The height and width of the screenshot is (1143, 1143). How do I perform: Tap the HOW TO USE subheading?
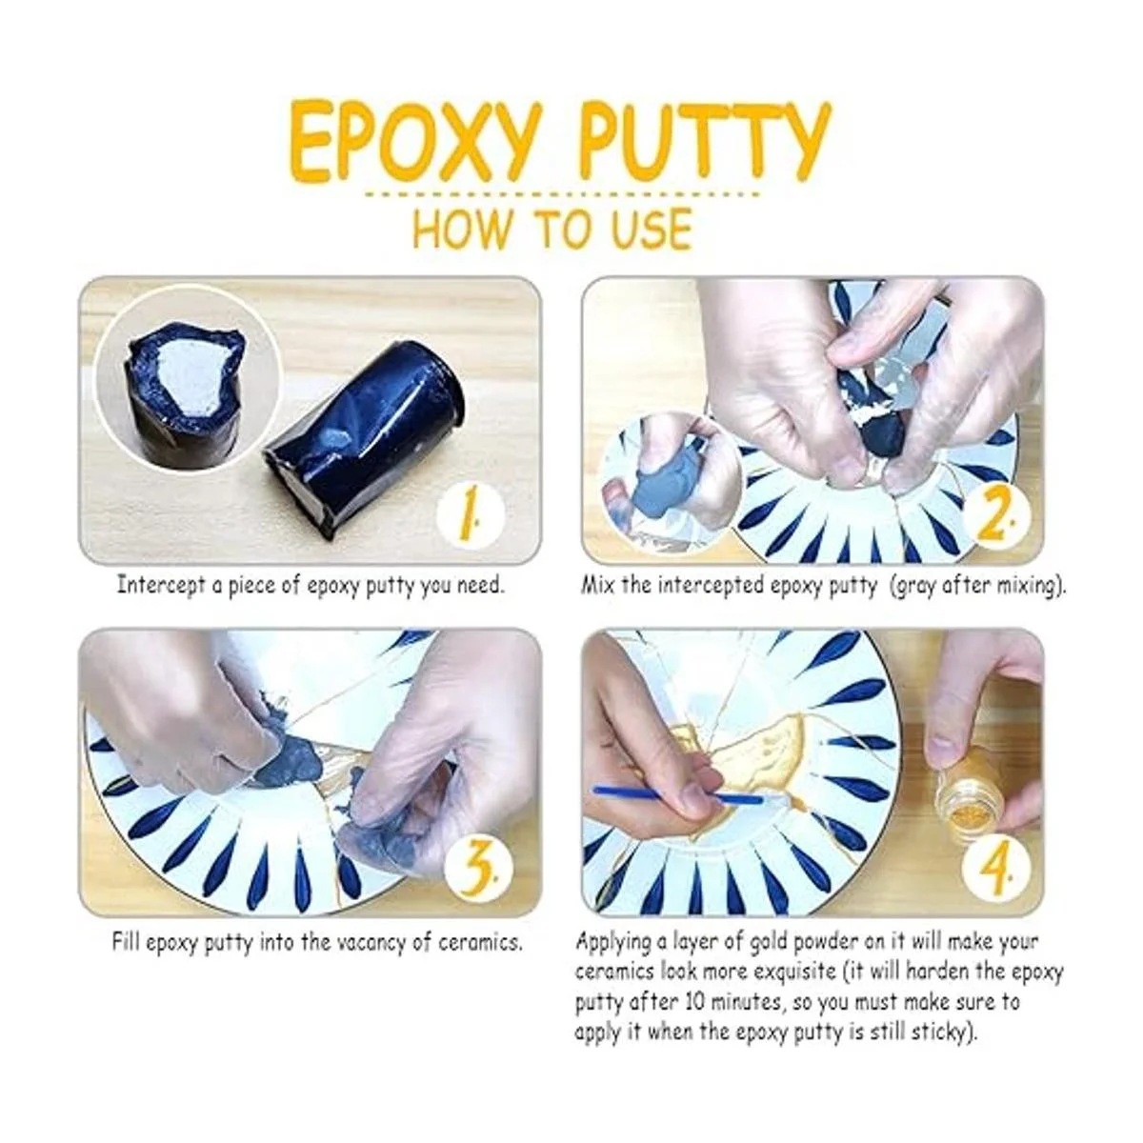pyautogui.click(x=552, y=228)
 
